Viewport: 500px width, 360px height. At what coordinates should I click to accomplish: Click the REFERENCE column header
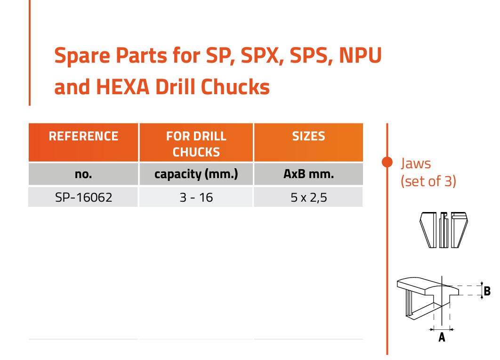tap(83, 142)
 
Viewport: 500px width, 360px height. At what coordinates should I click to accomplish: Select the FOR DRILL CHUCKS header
tap(196, 142)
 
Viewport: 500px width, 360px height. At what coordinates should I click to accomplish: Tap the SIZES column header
tap(308, 142)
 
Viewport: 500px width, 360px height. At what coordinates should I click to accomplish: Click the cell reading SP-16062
tap(83, 197)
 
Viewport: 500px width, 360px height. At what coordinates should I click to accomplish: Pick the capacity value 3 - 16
tap(196, 197)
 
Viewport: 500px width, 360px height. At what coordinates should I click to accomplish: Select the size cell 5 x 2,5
tap(308, 197)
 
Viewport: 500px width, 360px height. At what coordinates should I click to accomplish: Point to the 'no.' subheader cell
tap(83, 174)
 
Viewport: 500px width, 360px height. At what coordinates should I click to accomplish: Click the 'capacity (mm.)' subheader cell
tap(196, 174)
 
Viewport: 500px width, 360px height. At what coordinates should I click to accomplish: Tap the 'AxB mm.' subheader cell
tap(308, 174)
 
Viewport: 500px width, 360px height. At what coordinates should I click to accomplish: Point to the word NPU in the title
tap(360, 55)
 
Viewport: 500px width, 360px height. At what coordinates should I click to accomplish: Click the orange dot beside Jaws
tap(387, 162)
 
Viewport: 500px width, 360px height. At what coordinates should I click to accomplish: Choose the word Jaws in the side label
tap(416, 164)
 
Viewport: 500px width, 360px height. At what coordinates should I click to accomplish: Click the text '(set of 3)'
tap(428, 181)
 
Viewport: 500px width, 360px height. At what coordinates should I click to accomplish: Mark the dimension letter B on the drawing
tap(487, 291)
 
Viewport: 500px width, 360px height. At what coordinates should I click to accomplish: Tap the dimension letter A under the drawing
tap(442, 337)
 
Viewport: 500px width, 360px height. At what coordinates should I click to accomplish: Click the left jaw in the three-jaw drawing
tap(428, 230)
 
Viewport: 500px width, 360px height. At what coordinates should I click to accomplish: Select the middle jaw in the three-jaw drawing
tap(444, 230)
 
